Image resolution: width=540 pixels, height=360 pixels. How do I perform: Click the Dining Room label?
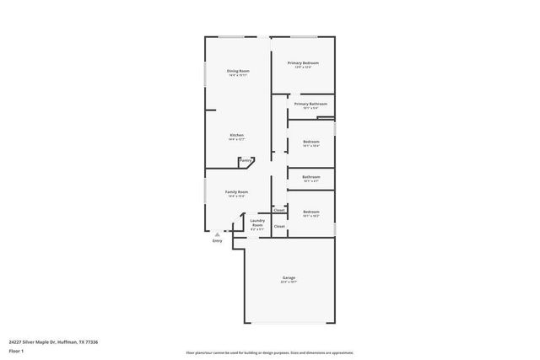point(238,71)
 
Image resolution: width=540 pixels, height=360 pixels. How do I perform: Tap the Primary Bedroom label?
point(303,63)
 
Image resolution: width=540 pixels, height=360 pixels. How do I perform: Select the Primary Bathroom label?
point(310,104)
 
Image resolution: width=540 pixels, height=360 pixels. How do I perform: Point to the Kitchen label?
point(237,135)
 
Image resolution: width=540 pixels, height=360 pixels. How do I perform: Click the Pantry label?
point(246,160)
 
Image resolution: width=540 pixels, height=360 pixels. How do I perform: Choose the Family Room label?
point(236,191)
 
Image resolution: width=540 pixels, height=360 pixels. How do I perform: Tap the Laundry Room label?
point(257,223)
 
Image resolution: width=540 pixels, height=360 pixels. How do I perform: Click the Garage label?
point(289,277)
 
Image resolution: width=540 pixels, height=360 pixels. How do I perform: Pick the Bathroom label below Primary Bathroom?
point(310,176)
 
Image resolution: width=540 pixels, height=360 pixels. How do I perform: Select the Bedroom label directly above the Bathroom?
point(310,141)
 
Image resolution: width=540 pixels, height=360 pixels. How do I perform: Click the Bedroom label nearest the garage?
point(310,212)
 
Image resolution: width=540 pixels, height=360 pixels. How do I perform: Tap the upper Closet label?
point(278,210)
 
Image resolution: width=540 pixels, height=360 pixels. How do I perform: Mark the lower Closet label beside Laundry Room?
point(278,226)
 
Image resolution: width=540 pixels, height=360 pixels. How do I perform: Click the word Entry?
point(217,241)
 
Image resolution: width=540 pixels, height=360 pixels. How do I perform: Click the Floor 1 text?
point(16,350)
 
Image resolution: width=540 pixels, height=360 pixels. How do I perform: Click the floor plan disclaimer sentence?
point(269,352)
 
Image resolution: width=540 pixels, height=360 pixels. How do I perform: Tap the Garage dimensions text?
point(289,282)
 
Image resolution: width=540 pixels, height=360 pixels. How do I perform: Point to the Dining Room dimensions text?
point(238,76)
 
